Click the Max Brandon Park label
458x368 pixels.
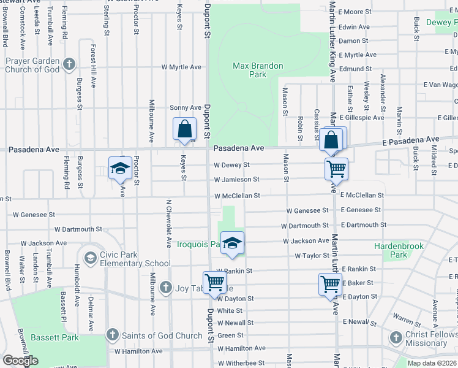[x=249, y=70]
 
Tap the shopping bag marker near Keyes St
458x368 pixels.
[x=184, y=130]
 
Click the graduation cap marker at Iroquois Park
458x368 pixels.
[x=232, y=244]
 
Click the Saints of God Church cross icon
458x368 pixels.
[x=111, y=335]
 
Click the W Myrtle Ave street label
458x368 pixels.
[x=181, y=67]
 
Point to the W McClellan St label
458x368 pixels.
[x=237, y=196]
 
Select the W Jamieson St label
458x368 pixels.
[x=236, y=180]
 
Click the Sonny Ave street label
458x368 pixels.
[x=186, y=107]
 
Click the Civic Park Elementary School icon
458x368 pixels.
[x=91, y=256]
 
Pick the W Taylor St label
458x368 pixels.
[x=312, y=256]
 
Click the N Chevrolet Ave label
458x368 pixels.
[x=168, y=223]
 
